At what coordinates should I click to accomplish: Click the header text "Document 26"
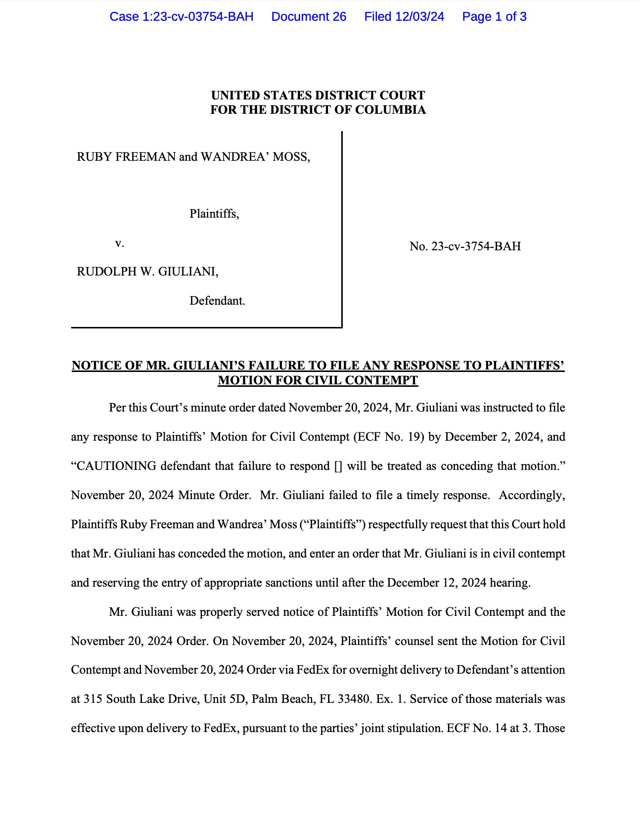[309, 17]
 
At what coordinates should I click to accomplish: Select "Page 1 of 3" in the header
[494, 17]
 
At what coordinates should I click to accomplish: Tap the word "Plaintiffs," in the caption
[214, 214]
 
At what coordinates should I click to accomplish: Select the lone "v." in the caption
[119, 243]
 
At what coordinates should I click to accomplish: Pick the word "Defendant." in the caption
[217, 301]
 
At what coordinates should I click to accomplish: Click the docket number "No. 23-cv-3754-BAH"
[465, 246]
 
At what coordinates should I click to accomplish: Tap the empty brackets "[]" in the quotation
[338, 466]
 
